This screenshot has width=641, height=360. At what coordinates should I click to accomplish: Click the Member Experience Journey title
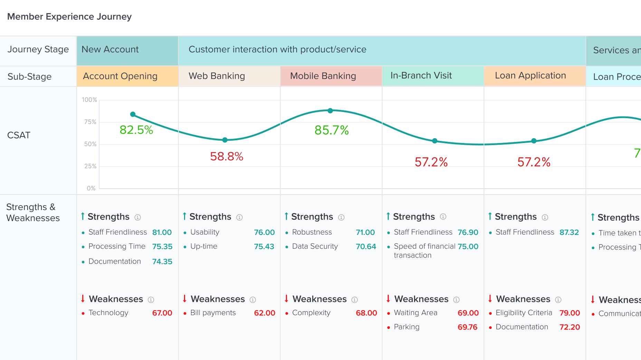click(69, 17)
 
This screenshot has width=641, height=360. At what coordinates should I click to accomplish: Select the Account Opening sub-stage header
click(120, 76)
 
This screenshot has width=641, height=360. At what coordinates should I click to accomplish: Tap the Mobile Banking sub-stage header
click(323, 76)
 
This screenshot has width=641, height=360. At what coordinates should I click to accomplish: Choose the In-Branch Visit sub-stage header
click(421, 76)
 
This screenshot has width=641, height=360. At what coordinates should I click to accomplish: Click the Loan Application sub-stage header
click(530, 76)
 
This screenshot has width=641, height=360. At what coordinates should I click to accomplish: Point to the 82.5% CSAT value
click(136, 130)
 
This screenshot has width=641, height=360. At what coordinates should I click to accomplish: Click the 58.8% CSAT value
click(227, 157)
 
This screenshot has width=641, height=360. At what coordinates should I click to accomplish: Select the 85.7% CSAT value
click(332, 130)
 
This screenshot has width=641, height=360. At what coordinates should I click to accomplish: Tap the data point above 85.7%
click(330, 111)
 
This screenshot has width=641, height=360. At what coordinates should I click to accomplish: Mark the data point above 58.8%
click(225, 140)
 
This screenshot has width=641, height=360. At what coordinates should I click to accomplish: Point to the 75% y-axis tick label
click(90, 122)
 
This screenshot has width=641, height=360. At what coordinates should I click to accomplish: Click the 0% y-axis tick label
click(91, 188)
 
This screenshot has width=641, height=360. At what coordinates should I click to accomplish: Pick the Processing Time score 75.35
click(162, 247)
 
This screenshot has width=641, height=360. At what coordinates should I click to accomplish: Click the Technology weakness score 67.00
click(162, 313)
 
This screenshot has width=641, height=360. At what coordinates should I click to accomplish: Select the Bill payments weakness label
click(213, 313)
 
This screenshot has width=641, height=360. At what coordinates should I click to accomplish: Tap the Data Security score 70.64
click(366, 247)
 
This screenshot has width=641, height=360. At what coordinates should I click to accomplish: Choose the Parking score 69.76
click(467, 327)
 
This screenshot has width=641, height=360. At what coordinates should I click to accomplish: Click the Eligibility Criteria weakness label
click(524, 313)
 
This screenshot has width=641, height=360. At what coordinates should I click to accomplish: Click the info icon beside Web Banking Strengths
click(239, 217)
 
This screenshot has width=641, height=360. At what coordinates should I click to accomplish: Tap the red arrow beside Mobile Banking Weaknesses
click(286, 299)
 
